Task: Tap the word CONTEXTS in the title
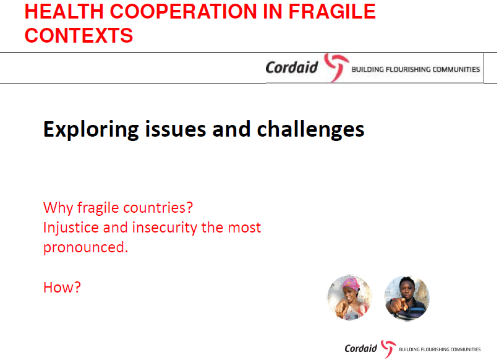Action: click(x=79, y=35)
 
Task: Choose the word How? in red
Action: click(x=62, y=288)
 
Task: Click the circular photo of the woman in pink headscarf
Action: click(x=349, y=297)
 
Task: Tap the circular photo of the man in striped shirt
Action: click(x=406, y=297)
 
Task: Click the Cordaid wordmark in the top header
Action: click(x=292, y=67)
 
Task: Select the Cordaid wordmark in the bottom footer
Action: click(x=361, y=348)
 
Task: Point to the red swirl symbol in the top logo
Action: click(x=336, y=67)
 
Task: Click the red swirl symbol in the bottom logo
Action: click(x=388, y=348)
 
